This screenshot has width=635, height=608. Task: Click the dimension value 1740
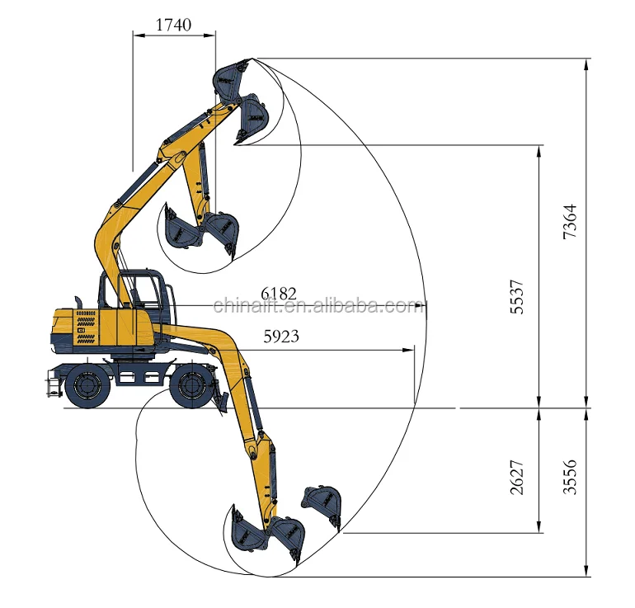(173, 25)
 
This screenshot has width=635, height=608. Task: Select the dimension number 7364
(569, 221)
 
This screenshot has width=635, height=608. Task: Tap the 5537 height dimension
(517, 297)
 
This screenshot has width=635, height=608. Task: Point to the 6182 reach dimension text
(279, 293)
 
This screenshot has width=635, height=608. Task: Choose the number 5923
(281, 337)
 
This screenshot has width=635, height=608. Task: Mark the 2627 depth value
(517, 477)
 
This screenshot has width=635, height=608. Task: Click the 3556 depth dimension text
(569, 477)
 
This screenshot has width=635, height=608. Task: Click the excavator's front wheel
(191, 385)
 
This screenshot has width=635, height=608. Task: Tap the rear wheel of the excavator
(87, 385)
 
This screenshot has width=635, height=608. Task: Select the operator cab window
(144, 290)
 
